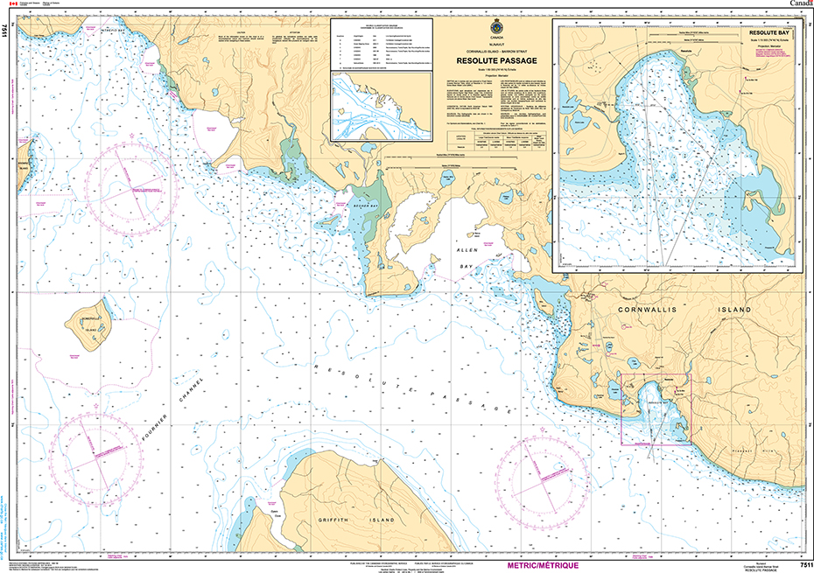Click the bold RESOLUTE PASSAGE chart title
click(x=496, y=60)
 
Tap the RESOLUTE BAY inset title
click(x=769, y=31)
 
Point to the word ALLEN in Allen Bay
click(x=463, y=250)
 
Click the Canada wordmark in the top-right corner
click(x=800, y=5)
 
